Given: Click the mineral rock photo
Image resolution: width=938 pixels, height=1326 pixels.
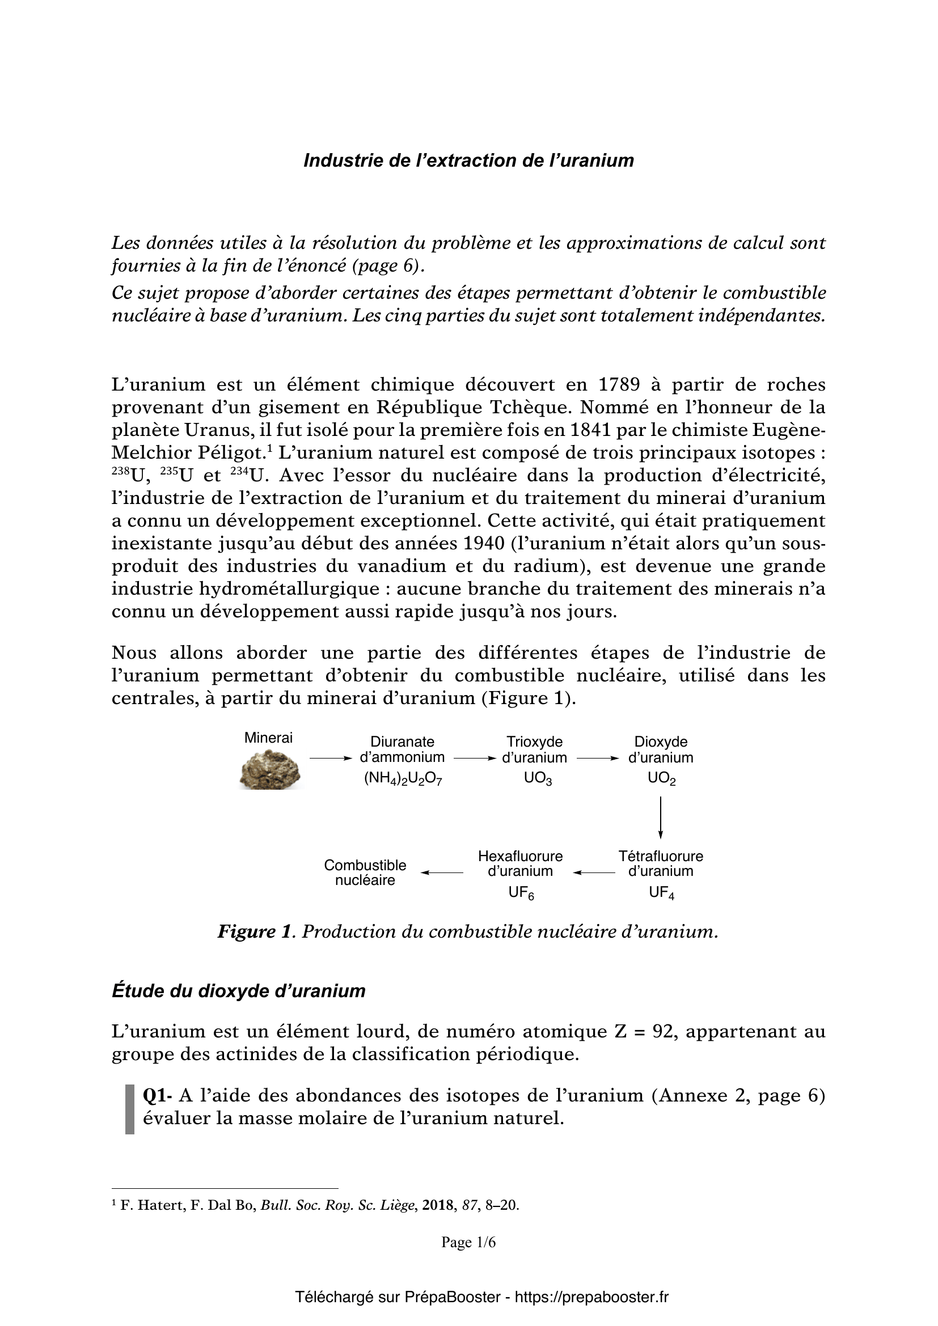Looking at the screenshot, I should click(x=271, y=769).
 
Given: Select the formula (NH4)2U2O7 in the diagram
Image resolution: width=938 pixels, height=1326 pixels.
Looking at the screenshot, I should click(x=403, y=779).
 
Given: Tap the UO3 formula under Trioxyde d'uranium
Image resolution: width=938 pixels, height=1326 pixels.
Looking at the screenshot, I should click(x=537, y=779).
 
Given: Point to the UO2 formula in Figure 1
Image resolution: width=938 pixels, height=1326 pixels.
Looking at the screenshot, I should click(x=661, y=779).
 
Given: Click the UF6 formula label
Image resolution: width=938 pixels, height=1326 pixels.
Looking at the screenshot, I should click(x=521, y=893).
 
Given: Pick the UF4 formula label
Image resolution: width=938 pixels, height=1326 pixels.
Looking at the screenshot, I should click(x=661, y=893).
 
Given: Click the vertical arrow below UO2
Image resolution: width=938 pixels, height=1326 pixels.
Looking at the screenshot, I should click(x=660, y=817).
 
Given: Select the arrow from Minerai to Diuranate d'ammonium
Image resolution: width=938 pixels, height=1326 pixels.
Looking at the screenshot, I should click(x=331, y=758).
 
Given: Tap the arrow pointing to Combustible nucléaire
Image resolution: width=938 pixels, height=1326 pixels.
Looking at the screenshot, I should click(x=442, y=872).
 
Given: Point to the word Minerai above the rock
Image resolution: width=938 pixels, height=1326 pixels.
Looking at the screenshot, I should click(x=269, y=738).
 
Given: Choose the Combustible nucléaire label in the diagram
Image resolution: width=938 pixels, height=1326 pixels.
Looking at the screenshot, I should click(x=365, y=872).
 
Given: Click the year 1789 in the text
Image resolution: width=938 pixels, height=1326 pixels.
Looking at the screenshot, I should click(x=619, y=384).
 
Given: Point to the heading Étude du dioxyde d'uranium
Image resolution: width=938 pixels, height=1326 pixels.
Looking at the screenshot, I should click(x=239, y=991).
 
